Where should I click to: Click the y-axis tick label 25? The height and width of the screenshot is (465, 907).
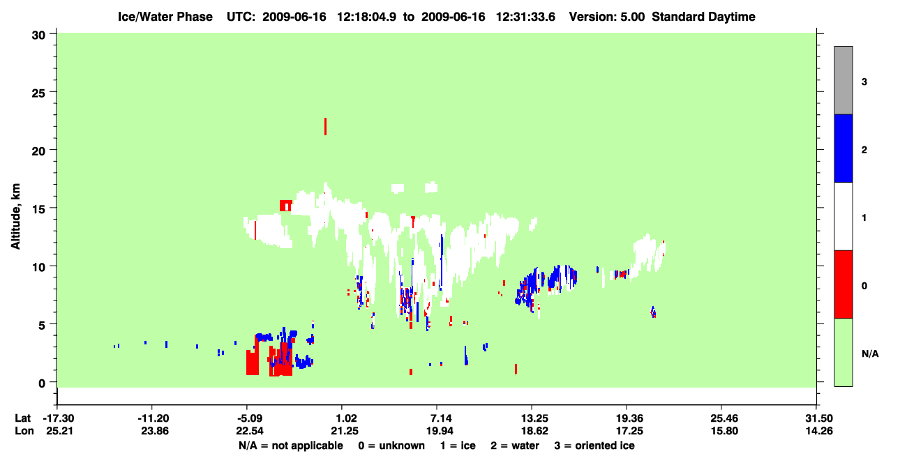click(x=38, y=93)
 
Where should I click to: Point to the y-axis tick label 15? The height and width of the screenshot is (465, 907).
click(x=38, y=210)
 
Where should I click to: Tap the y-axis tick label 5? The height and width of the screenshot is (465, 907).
click(x=42, y=326)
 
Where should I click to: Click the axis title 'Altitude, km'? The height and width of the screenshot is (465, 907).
click(x=15, y=216)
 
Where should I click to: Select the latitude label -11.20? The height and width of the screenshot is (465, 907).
click(x=153, y=418)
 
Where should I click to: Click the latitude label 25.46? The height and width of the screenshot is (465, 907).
click(x=724, y=418)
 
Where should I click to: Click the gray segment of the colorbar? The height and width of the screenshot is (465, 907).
click(x=843, y=80)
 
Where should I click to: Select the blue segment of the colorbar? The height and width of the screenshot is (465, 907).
click(x=843, y=148)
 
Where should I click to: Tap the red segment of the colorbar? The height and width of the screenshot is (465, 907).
click(x=843, y=284)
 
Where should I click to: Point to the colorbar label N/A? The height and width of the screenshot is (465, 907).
click(x=870, y=354)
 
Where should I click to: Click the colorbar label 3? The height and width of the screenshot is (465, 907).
click(x=864, y=82)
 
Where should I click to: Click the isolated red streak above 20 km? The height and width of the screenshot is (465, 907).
click(x=325, y=126)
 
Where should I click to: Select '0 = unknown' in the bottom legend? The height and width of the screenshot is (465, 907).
click(x=391, y=445)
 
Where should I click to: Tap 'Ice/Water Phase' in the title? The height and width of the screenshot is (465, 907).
click(x=165, y=17)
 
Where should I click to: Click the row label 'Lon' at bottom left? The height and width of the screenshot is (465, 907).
click(x=24, y=431)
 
